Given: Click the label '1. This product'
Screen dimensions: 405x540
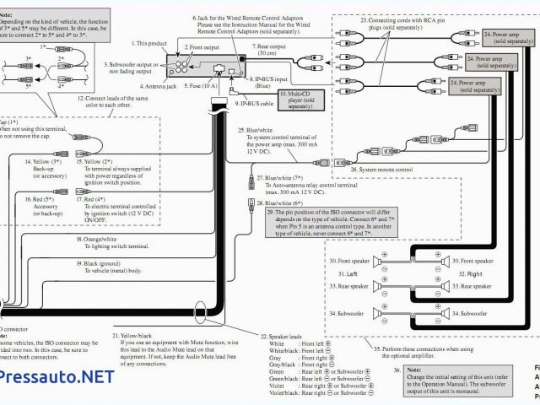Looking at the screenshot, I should (x=149, y=41).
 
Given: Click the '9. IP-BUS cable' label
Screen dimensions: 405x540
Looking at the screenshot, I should (x=255, y=104).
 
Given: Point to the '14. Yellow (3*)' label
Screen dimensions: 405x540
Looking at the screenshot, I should (x=47, y=160).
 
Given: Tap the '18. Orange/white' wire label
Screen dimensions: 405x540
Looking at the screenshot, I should (x=100, y=240).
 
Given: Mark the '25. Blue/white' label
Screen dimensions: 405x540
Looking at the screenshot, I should (x=256, y=131).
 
